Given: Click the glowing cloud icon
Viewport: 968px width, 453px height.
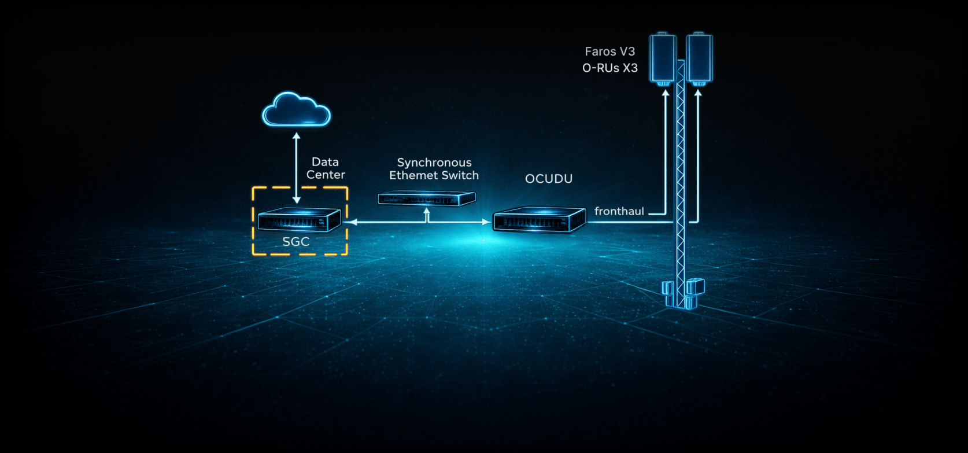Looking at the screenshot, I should coord(296,109).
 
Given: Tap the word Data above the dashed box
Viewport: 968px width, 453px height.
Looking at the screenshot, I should coord(325,162).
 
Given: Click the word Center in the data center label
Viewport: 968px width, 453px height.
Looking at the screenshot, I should coord(326,175).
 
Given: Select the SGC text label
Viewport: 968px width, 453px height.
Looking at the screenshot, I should coord(296,242).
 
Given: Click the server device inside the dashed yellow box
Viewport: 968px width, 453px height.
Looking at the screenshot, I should coord(299,220).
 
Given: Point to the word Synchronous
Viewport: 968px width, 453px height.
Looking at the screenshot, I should coord(434,163).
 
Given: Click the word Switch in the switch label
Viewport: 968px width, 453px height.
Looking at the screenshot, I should coord(460,175).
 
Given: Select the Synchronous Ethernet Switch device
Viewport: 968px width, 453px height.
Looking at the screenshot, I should coord(427,199).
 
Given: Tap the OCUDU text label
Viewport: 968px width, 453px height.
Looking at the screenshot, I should coord(549,179).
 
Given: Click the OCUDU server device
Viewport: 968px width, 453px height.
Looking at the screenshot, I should coord(539,220).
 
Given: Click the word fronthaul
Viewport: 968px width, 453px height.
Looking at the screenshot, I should coord(619,211).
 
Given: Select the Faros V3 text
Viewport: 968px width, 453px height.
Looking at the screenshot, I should coord(609,51).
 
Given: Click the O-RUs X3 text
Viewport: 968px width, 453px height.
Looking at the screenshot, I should coord(609,68).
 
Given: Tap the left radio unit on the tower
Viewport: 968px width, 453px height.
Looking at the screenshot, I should coord(663,58).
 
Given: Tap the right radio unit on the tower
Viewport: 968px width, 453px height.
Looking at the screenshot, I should coord(699,58).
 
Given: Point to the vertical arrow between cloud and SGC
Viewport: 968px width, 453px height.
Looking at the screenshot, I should coord(297,168).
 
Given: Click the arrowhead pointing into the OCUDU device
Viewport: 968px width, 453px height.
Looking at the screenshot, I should coord(486,222).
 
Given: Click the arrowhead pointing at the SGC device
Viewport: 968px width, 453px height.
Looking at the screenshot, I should coord(352,222).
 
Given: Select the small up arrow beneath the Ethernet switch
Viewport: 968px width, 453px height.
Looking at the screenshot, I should coord(427,214).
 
